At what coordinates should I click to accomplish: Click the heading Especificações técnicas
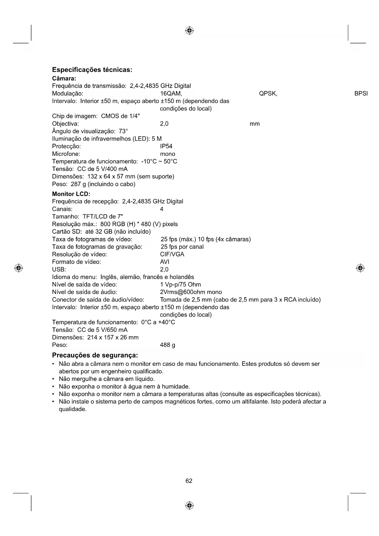(x=92, y=70)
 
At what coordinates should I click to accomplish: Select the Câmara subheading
(x=64, y=79)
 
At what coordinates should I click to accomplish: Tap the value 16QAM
(x=171, y=94)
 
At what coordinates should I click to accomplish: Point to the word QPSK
(x=268, y=94)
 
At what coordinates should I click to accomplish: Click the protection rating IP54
(x=166, y=146)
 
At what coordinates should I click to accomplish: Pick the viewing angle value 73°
(x=123, y=131)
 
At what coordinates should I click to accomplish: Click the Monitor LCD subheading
(x=71, y=194)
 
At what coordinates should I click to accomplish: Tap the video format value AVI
(x=165, y=262)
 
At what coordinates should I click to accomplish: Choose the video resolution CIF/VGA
(x=172, y=254)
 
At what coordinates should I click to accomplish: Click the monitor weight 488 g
(x=167, y=345)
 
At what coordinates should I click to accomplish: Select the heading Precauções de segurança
(x=95, y=355)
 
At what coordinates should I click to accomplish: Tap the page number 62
(x=189, y=481)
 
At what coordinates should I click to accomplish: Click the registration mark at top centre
(x=189, y=31)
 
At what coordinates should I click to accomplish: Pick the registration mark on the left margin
(x=19, y=268)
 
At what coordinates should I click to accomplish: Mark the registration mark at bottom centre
(x=189, y=506)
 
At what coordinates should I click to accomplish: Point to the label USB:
(x=59, y=270)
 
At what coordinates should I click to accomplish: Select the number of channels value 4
(x=162, y=209)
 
